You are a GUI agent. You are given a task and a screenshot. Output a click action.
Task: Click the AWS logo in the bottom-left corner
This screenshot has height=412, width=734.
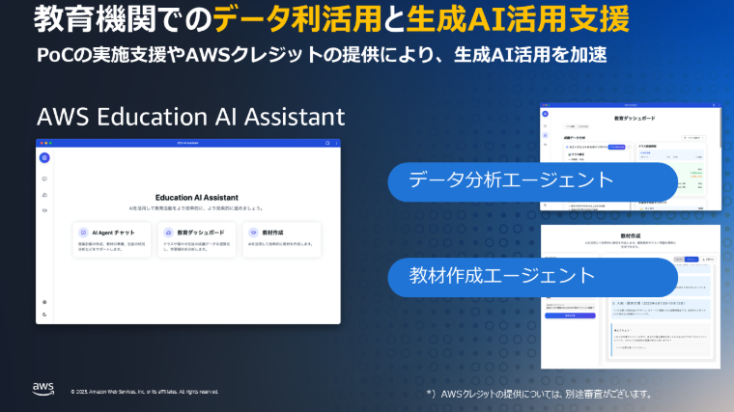pyautogui.click(x=42, y=388)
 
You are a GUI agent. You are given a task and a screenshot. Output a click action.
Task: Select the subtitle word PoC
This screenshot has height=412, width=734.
pyautogui.click(x=56, y=53)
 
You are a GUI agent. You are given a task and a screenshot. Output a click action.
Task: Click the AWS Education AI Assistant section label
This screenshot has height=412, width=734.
pyautogui.click(x=190, y=118)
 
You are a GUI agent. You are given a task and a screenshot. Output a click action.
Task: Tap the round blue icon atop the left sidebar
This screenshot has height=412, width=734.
pyautogui.click(x=44, y=158)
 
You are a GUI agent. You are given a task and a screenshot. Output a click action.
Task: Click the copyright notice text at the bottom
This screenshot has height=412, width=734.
pyautogui.click(x=145, y=392)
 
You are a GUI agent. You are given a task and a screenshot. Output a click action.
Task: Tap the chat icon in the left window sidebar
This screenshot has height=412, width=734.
pyautogui.click(x=44, y=179)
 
